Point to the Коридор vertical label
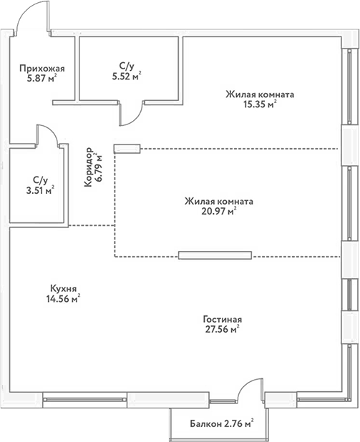(88, 167)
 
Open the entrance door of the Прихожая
(31, 17)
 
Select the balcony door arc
(252, 387)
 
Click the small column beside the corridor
(125, 149)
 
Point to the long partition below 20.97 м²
(215, 255)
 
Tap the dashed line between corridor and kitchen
(91, 226)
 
